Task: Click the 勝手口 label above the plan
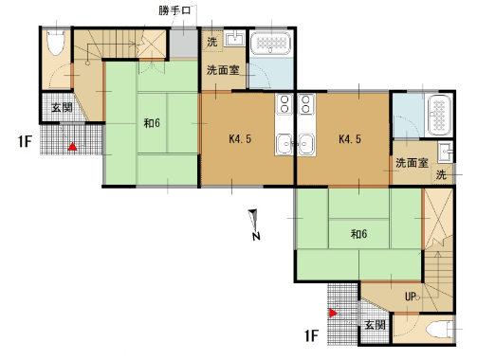point(174,10)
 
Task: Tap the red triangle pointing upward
point(73,147)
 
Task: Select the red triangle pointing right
point(333,313)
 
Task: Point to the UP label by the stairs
point(411,297)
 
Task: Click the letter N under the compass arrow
point(256,236)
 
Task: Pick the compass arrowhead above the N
point(253,219)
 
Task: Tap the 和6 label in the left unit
point(152,123)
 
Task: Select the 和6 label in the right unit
point(358,234)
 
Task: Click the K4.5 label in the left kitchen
point(240,138)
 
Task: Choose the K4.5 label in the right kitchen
point(350,138)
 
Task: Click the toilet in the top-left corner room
point(56,43)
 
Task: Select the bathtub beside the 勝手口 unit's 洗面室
point(270,43)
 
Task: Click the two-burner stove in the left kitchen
point(284,104)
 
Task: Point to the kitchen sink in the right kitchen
point(305,144)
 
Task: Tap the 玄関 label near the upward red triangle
point(63,107)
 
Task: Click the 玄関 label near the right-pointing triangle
point(375,325)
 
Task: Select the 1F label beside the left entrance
point(25,141)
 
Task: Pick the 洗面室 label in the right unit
point(412,163)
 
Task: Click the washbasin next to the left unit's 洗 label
point(234,39)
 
